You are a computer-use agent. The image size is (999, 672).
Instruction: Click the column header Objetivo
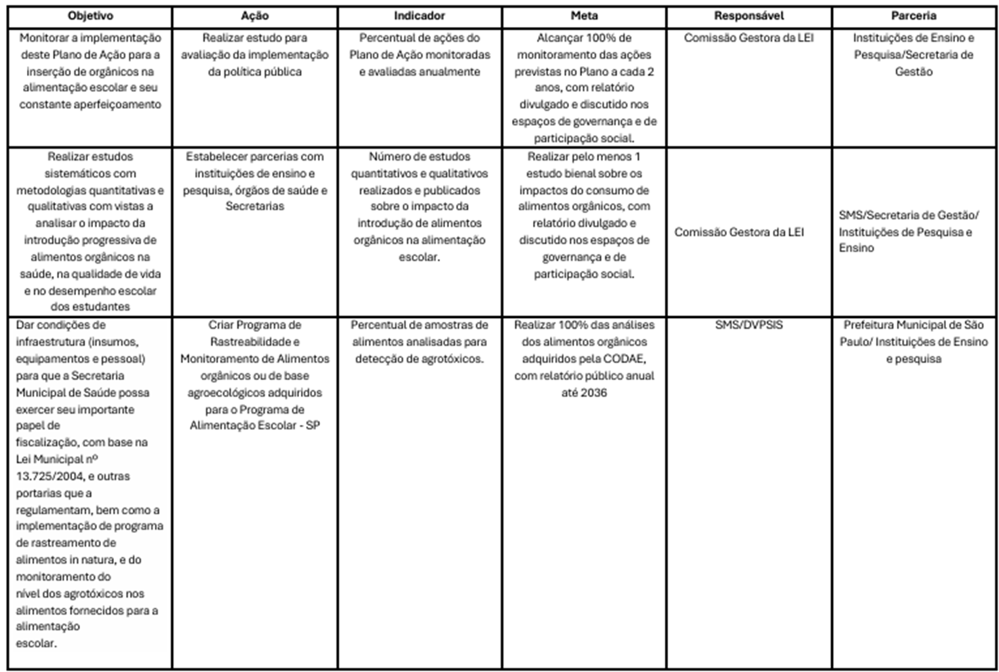[90, 16]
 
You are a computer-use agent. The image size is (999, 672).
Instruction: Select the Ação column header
[254, 16]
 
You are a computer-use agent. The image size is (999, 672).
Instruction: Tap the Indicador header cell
[420, 16]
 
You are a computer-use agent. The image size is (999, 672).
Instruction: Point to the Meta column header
[584, 16]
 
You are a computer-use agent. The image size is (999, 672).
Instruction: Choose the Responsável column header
[749, 16]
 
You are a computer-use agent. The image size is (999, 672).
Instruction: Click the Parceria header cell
[913, 16]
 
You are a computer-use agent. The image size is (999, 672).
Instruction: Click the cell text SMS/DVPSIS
[749, 325]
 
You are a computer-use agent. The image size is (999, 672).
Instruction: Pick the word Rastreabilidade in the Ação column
[254, 342]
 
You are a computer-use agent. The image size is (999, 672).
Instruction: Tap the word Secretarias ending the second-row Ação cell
[254, 207]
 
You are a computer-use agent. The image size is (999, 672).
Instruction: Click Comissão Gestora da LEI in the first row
[749, 38]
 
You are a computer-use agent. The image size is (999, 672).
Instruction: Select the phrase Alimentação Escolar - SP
[254, 426]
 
